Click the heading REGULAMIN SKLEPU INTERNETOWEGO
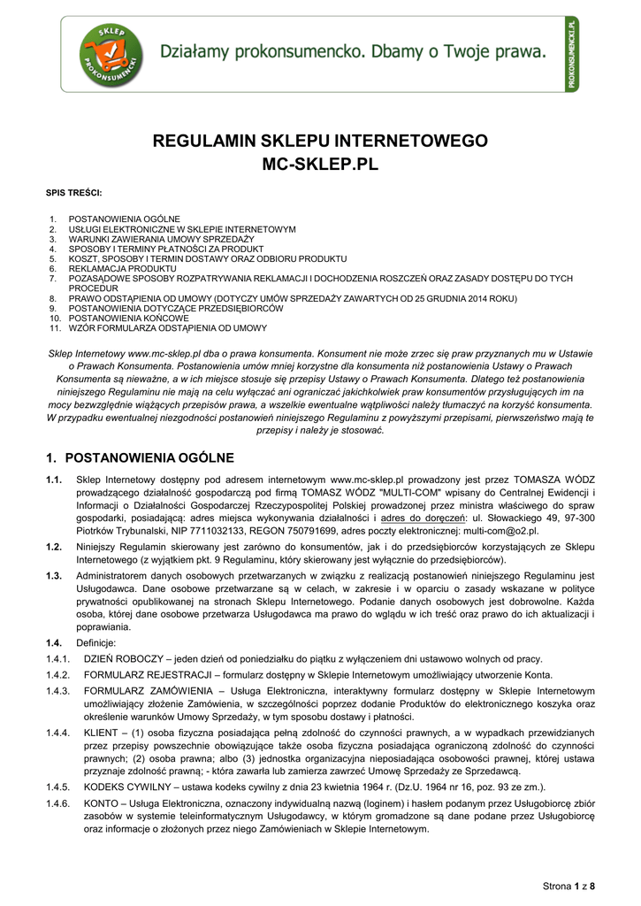pos(320,142)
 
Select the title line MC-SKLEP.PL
pos(320,165)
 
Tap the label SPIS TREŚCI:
pos(73,192)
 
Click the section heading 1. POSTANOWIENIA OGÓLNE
pos(140,457)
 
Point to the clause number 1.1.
pos(54,480)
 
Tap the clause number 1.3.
pos(54,576)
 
